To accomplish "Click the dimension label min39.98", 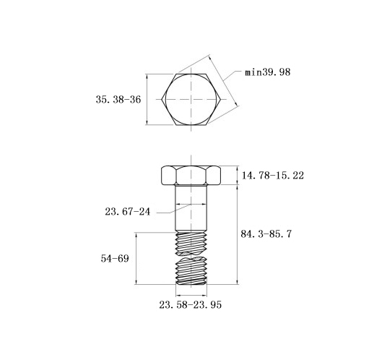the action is pos(268,72).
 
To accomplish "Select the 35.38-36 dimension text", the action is pos(118,100).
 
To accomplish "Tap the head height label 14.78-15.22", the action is pos(273,175).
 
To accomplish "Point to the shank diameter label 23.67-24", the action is pos(127,212).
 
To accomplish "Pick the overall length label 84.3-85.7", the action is pos(266,233).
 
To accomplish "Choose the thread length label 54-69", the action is pos(115,259).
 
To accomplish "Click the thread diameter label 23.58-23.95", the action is pos(190,305).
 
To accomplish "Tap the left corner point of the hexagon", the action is pos(162,99).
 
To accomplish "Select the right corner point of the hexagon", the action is pos(221,99).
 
